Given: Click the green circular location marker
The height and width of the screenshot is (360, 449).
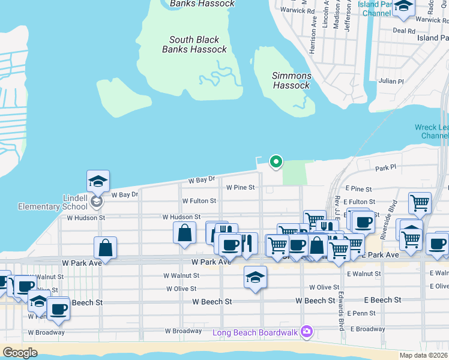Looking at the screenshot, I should coord(276,161).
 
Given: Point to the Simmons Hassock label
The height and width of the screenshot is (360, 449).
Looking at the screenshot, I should coord(292,80).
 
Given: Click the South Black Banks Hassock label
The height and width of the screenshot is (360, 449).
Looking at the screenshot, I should coord(194,44).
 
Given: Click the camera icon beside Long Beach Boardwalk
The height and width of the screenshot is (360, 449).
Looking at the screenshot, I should coord(307,331).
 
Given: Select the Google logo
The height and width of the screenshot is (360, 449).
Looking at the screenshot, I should coord(20,352).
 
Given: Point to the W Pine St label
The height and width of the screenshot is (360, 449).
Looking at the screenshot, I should coord(240,187).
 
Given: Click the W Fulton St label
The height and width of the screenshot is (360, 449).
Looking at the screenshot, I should coord(199,201).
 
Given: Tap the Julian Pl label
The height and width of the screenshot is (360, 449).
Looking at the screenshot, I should coord(391,81).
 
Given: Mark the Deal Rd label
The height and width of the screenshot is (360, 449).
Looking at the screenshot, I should coord(403,31).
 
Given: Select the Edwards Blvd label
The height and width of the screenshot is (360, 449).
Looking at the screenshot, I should coord(340,311).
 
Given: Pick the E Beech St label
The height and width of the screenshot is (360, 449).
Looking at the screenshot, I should coord(382,300).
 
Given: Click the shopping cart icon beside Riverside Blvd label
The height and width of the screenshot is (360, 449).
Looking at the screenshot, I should coord(420,203).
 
